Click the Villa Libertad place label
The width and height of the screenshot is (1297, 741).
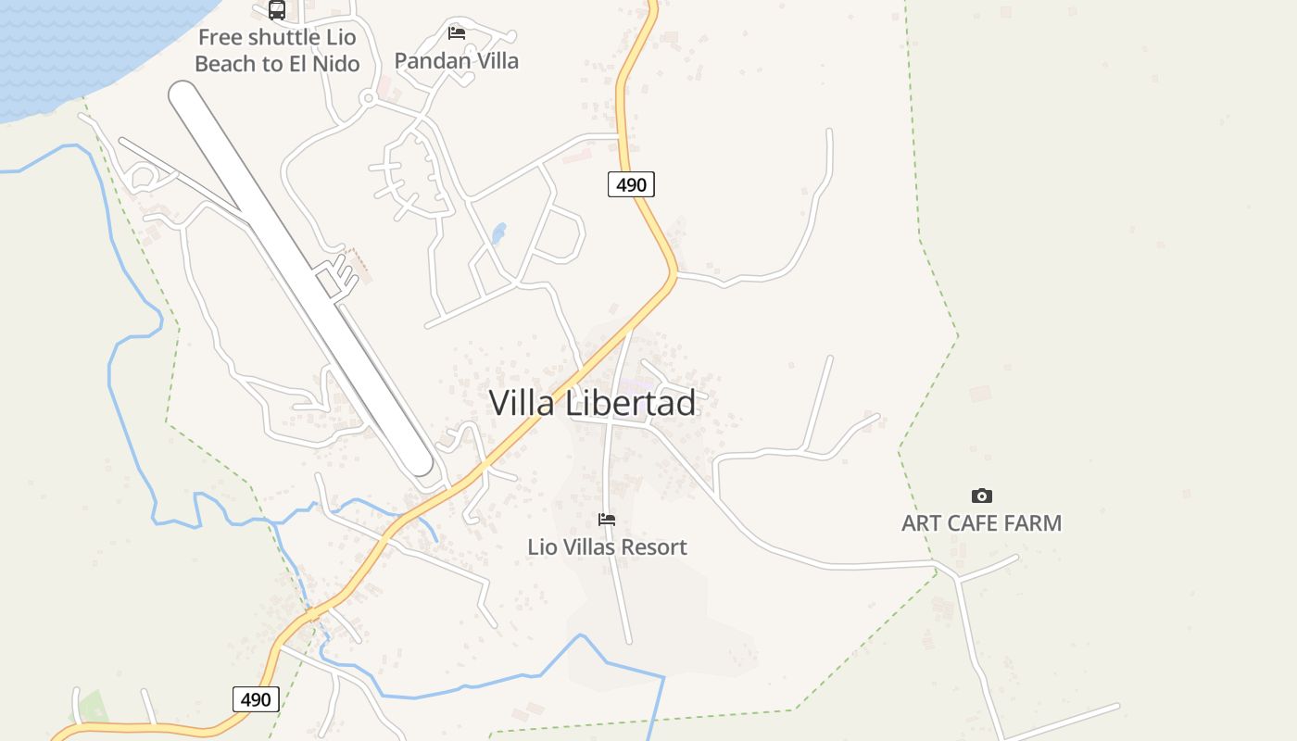(592, 403)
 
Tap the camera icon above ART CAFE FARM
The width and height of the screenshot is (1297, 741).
(981, 496)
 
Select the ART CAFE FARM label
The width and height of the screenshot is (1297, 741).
(981, 523)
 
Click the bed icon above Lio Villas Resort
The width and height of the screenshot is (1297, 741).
(607, 520)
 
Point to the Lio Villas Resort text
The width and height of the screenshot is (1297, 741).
(607, 547)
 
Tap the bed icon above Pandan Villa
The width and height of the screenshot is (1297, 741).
(457, 33)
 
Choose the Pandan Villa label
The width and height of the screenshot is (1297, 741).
(457, 61)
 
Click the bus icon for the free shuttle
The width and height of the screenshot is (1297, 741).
(277, 10)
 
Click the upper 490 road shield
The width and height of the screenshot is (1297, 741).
(631, 184)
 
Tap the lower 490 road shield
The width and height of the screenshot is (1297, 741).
(256, 698)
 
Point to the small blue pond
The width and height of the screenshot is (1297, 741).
(499, 233)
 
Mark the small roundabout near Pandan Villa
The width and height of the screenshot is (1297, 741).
(368, 97)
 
